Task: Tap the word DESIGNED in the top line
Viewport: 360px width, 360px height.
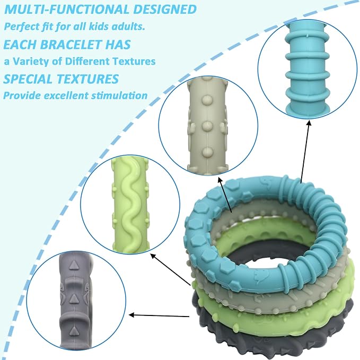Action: (x=165, y=10)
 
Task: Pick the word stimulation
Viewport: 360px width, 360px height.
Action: (x=119, y=95)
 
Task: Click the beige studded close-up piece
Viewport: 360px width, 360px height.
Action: (x=208, y=126)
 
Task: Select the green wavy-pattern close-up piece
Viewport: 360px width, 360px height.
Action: (x=130, y=205)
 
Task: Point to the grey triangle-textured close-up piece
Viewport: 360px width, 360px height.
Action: (x=75, y=300)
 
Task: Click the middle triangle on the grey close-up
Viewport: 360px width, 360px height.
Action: (x=74, y=298)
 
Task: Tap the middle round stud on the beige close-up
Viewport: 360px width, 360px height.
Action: (x=207, y=126)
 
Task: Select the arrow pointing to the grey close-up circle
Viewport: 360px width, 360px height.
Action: (x=159, y=315)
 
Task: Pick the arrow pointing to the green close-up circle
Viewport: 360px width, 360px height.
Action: (x=170, y=269)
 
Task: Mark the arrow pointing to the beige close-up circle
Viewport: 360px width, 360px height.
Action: (x=225, y=194)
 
